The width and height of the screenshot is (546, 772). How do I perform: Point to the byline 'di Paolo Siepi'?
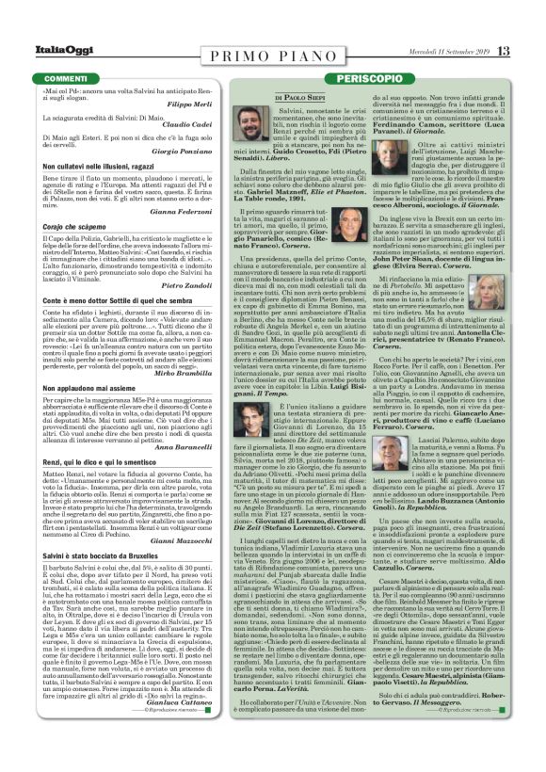[298, 97]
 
